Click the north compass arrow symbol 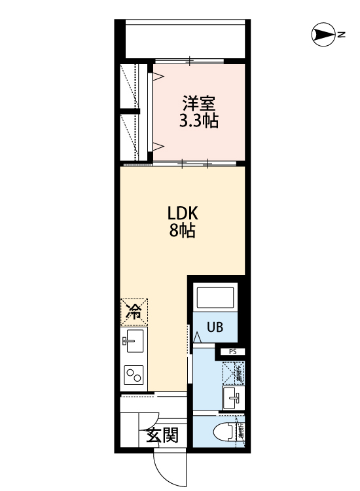point(321,34)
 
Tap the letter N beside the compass point(341,35)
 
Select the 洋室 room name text point(199,103)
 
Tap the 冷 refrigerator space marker point(134,312)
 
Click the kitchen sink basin point(135,340)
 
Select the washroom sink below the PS point(232,396)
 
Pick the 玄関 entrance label point(162,435)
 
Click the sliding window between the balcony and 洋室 point(190,62)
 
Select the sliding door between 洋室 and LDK point(196,162)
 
